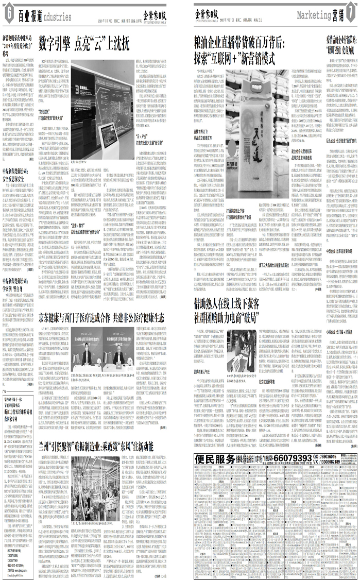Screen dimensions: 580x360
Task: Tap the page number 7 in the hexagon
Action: point(351,15)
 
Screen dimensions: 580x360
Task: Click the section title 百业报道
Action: point(28,15)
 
